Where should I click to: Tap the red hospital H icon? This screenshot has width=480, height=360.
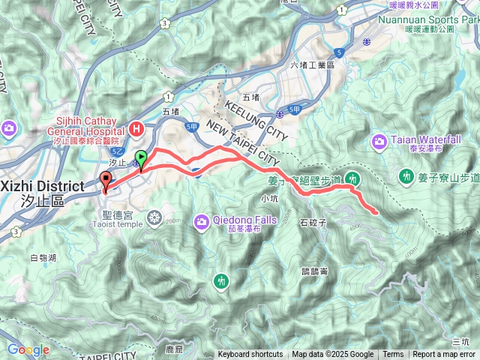coord(136,128)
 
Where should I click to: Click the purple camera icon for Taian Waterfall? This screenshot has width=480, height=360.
coord(379,140)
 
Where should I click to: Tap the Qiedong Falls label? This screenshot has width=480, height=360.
coord(246,220)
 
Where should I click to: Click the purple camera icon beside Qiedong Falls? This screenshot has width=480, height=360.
coord(201,220)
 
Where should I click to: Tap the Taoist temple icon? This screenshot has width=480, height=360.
coord(154,217)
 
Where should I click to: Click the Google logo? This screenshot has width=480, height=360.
coord(28,349)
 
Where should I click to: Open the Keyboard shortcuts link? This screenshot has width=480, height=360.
coord(250,355)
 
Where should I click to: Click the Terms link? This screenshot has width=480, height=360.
coord(393,355)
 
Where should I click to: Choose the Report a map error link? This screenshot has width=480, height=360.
coord(444,355)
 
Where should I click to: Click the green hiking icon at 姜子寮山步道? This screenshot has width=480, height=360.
coord(406,176)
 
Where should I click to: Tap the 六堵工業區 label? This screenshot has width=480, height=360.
coord(311,65)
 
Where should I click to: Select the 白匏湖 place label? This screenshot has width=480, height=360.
coord(42,257)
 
